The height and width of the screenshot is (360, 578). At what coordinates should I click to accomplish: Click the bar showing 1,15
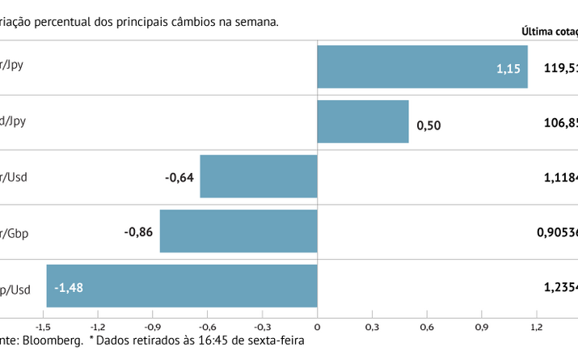coord(422,66)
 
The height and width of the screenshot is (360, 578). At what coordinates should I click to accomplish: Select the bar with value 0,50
coord(363,121)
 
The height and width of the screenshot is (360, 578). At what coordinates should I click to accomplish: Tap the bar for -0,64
coord(259,176)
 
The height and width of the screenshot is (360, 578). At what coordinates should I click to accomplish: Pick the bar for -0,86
coord(238,231)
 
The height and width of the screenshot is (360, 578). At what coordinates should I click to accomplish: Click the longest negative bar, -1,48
coord(182,286)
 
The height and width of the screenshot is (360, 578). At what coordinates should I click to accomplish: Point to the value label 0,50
coord(428,125)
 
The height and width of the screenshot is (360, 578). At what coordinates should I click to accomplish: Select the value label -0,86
coord(139,231)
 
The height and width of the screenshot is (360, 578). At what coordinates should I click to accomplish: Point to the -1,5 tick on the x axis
coord(43,326)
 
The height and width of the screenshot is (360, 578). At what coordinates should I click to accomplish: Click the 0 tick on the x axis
coord(317,326)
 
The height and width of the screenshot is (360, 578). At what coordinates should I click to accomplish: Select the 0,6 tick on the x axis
coord(427,326)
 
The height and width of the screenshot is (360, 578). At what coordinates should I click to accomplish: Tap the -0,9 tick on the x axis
coord(153,326)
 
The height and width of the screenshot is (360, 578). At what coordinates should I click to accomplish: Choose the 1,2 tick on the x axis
coord(537,326)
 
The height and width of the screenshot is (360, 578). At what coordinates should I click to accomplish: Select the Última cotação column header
coord(550,32)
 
